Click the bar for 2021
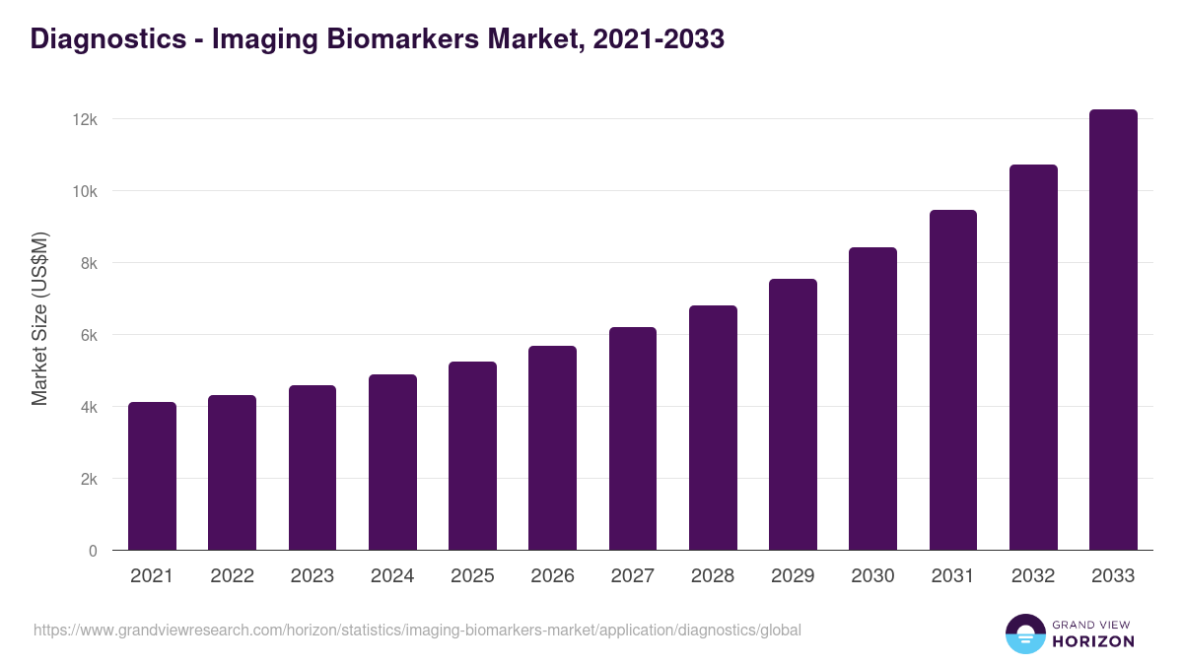pyautogui.click(x=152, y=477)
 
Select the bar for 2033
pyautogui.click(x=1113, y=330)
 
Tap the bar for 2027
pyautogui.click(x=633, y=438)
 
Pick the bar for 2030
pyautogui.click(x=872, y=399)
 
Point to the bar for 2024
pyautogui.click(x=392, y=463)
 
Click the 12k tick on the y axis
pyautogui.click(x=85, y=119)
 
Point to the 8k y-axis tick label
pyautogui.click(x=88, y=263)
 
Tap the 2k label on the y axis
pyautogui.click(x=88, y=479)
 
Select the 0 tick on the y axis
pyautogui.click(x=93, y=551)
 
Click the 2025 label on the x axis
pyautogui.click(x=472, y=576)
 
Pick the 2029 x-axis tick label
pyautogui.click(x=793, y=576)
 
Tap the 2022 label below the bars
pyautogui.click(x=232, y=576)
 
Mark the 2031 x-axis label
pyautogui.click(x=953, y=576)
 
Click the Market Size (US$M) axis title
pyautogui.click(x=39, y=319)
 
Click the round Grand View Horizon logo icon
pyautogui.click(x=1024, y=633)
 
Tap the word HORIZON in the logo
pyautogui.click(x=1093, y=641)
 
